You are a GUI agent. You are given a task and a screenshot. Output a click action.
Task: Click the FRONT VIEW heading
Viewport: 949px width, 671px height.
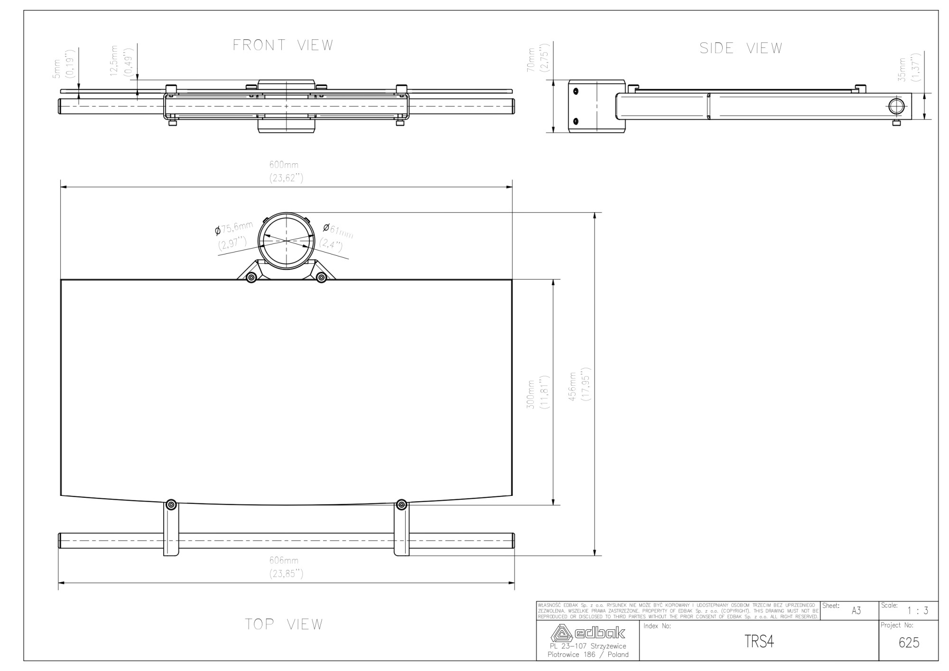tap(283, 46)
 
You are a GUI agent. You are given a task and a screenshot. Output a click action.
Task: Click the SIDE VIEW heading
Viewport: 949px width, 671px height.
tap(741, 48)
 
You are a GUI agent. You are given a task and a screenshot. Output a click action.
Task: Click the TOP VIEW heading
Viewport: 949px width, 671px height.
tap(284, 624)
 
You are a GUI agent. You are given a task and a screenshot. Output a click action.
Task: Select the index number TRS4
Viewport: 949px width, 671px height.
tap(759, 642)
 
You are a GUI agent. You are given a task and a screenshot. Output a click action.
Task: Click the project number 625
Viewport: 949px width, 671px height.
tap(909, 643)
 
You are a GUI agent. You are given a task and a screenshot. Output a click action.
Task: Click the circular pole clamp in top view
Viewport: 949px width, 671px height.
tap(286, 241)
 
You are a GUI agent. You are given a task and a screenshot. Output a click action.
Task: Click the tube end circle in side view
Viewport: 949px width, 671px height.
tap(895, 106)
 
